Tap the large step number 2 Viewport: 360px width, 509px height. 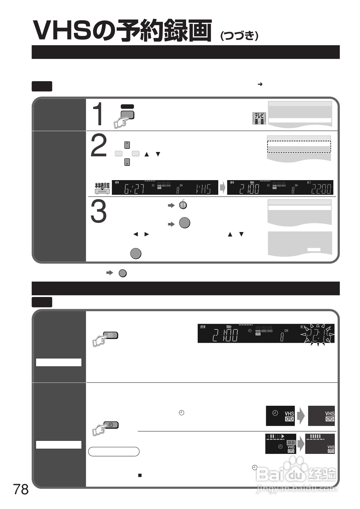(99, 146)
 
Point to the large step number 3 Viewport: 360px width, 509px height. (99, 212)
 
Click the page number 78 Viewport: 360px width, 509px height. (21, 489)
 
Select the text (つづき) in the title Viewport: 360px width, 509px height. (239, 36)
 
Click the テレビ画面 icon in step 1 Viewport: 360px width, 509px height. (259, 118)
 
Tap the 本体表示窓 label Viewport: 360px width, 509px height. (102, 186)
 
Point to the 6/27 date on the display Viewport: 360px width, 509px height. (134, 189)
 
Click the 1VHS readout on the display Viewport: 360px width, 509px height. (203, 189)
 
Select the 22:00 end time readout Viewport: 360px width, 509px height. (321, 189)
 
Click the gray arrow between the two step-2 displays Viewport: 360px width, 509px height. (222, 187)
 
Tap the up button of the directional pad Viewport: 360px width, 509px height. (127, 145)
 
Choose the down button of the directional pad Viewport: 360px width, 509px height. (127, 162)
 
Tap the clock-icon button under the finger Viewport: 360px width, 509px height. (111, 425)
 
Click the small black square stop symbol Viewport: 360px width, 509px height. (140, 475)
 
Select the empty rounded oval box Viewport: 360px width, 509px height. (114, 452)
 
